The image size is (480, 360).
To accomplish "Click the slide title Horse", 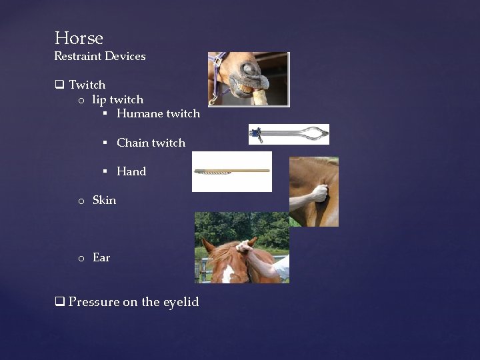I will pyautogui.click(x=79, y=38).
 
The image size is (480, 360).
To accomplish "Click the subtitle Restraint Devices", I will pyautogui.click(x=99, y=57).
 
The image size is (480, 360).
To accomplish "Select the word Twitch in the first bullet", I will pyautogui.click(x=87, y=85).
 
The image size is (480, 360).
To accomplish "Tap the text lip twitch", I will pyautogui.click(x=117, y=99).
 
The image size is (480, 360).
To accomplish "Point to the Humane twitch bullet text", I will pyautogui.click(x=158, y=114).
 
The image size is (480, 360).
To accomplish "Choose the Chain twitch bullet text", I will pyautogui.click(x=151, y=143).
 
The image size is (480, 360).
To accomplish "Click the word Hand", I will pyautogui.click(x=131, y=171).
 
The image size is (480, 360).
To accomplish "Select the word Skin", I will pyautogui.click(x=104, y=200).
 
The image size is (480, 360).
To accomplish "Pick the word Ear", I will pyautogui.click(x=101, y=257).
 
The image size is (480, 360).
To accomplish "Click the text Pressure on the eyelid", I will pyautogui.click(x=133, y=302).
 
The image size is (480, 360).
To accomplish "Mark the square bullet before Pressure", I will pyautogui.click(x=59, y=302).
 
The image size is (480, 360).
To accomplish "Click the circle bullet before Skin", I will pyautogui.click(x=80, y=201).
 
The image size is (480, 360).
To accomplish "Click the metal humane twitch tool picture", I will pyautogui.click(x=289, y=134).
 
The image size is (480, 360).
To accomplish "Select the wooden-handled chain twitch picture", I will pyautogui.click(x=231, y=171).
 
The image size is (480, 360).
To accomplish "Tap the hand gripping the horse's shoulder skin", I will pyautogui.click(x=320, y=193).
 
